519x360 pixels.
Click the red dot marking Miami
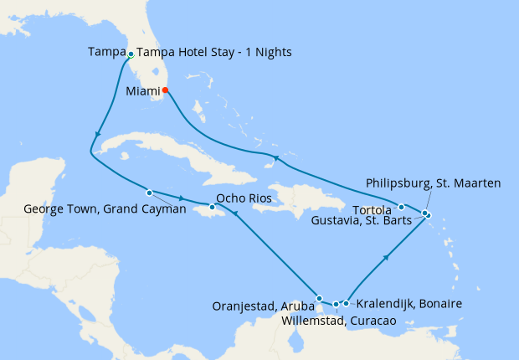coord(165,90)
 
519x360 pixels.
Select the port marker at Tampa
coord(131,54)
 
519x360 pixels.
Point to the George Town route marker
coord(149,192)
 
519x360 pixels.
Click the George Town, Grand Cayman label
coord(105,209)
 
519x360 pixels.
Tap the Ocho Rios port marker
coord(212,207)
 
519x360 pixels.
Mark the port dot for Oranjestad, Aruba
coord(319,298)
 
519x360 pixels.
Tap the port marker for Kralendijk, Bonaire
coord(346,304)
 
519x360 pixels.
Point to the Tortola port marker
coord(402,207)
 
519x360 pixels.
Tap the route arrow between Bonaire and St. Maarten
coord(387,259)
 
